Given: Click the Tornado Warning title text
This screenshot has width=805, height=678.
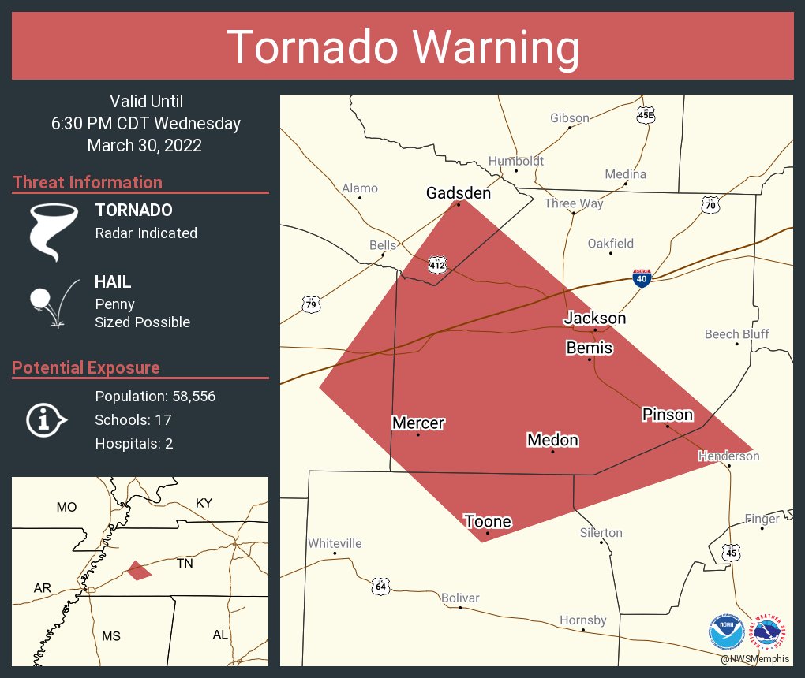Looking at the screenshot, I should tap(402, 47).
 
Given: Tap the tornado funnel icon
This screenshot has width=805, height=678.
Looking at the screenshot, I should tap(53, 232).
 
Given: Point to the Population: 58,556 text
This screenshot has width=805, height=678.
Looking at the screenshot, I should tap(155, 396).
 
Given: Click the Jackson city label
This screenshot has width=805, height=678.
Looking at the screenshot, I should tap(594, 318).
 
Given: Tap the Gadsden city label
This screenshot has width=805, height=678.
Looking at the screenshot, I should tap(458, 193).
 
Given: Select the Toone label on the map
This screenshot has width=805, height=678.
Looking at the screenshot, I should tap(487, 521).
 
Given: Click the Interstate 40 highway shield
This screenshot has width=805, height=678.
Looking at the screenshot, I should tap(642, 278).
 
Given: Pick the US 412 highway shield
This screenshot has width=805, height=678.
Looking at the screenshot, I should tap(437, 265).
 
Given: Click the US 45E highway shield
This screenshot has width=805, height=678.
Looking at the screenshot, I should tap(646, 115).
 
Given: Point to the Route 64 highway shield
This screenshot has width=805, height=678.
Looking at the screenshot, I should tap(380, 586).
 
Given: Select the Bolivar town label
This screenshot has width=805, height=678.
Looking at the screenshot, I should tap(459, 598).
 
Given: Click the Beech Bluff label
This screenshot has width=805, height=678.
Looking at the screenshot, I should tap(736, 334).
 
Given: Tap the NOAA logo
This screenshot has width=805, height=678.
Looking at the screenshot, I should tap(726, 632).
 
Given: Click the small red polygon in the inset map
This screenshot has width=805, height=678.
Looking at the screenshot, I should tap(139, 570).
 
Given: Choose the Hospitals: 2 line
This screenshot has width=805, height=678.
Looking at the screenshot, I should tap(133, 443).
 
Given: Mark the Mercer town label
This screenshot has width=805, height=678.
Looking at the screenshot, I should tap(418, 423).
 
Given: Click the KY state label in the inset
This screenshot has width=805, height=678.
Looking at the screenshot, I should tap(204, 503).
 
